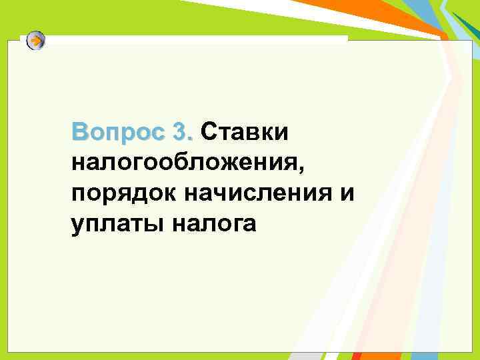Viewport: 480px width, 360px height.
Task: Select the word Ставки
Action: coord(244,132)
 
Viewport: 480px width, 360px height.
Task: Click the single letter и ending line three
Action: coord(346,193)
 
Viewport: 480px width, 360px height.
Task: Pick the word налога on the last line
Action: coord(213,225)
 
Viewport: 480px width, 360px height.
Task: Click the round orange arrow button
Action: coord(37,41)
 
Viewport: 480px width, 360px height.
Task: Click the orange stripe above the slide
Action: coord(373,17)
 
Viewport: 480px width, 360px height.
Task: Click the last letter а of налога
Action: coord(249,225)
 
